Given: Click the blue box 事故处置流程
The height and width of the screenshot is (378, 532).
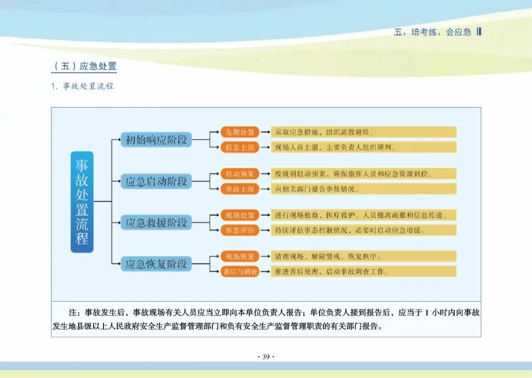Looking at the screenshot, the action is click(x=82, y=202).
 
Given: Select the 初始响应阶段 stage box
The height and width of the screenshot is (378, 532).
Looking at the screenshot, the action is click(x=157, y=140).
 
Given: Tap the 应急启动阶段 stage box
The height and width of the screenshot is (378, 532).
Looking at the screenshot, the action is click(x=157, y=181).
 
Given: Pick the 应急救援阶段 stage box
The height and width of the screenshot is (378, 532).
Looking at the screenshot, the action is click(x=157, y=222).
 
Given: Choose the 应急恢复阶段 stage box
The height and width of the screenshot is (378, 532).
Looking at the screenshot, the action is click(x=157, y=264).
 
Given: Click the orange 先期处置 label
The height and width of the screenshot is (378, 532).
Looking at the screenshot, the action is click(x=240, y=132).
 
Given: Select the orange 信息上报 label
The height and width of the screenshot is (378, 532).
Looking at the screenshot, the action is click(x=240, y=147).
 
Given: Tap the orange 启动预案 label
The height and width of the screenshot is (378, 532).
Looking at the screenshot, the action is click(x=240, y=174).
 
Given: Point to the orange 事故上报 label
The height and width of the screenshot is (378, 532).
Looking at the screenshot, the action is click(x=240, y=189).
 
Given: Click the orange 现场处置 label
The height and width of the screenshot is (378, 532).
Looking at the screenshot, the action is click(x=240, y=215).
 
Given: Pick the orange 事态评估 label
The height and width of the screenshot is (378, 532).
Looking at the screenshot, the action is click(x=240, y=230).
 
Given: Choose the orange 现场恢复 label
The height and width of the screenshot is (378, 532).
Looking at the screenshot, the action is click(x=240, y=256).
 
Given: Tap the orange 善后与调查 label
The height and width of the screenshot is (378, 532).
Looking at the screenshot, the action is click(x=240, y=272).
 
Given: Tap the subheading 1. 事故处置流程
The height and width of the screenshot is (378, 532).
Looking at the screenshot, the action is click(x=82, y=86).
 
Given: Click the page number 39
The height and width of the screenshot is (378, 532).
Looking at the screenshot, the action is click(x=266, y=357).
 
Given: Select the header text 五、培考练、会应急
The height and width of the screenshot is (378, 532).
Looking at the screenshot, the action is click(x=433, y=32).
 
